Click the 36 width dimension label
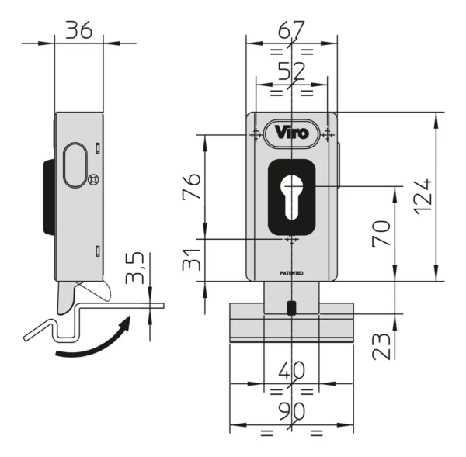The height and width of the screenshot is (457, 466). (79, 30)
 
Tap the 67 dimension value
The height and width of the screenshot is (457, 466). (291, 29)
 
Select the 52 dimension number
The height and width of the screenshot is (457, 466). (291, 71)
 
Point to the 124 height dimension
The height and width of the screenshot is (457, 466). (423, 196)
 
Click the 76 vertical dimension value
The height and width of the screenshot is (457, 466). (191, 186)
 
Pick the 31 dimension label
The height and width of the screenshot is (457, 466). (191, 260)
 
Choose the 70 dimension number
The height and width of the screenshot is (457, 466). (381, 234)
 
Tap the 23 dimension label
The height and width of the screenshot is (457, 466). (381, 347)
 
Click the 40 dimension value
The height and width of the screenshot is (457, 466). (291, 370)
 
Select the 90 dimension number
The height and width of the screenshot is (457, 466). (291, 411)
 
